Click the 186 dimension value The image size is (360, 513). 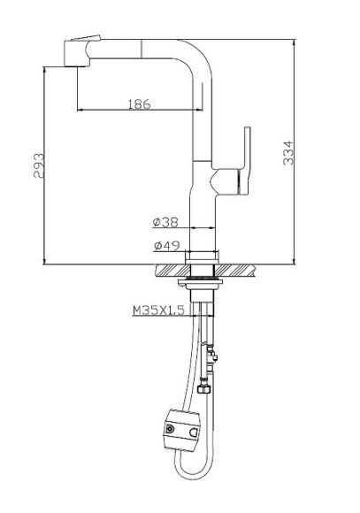(138, 103)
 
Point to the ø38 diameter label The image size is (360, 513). (166, 222)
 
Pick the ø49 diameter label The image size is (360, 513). (166, 245)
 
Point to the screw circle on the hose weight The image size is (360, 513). (169, 428)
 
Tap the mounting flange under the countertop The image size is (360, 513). (201, 283)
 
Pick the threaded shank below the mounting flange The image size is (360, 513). (204, 306)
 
